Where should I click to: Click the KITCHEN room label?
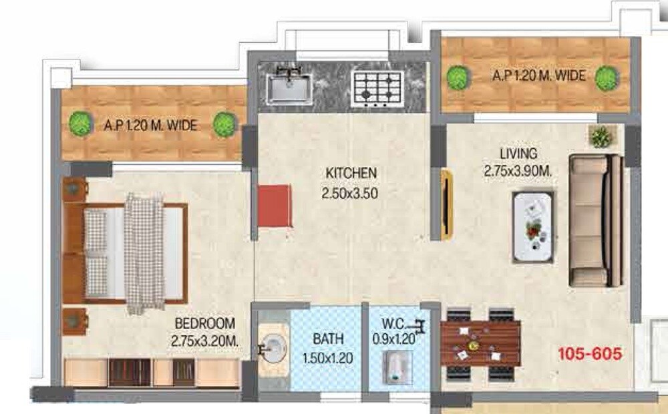[x=351, y=173]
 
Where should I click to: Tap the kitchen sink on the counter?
[x=289, y=87]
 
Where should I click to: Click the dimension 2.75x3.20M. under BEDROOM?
[x=204, y=341]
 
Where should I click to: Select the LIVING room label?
[x=518, y=155]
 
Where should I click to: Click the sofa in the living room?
[x=597, y=220]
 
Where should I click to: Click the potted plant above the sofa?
[x=601, y=137]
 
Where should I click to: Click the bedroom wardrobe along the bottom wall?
[x=152, y=373]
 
